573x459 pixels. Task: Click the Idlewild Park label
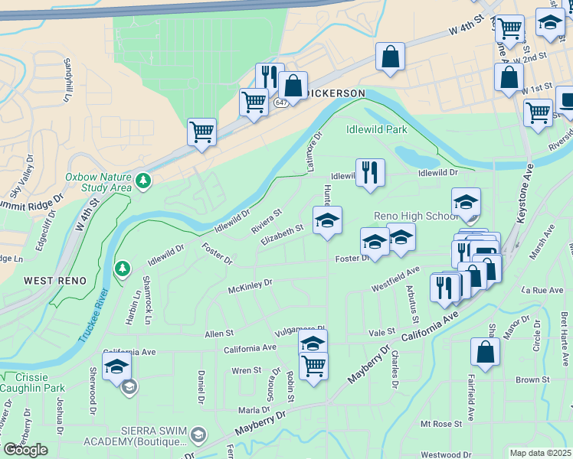coord(377,129)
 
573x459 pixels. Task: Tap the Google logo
coord(25,450)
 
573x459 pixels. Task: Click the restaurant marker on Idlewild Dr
coord(371,173)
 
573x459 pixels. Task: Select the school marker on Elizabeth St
coord(327,220)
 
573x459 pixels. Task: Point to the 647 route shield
coord(281,102)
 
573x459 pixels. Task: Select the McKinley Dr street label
coord(250,285)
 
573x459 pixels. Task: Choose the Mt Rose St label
coord(440,423)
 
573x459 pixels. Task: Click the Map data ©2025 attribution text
coord(539,453)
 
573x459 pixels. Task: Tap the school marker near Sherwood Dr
coord(116,367)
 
